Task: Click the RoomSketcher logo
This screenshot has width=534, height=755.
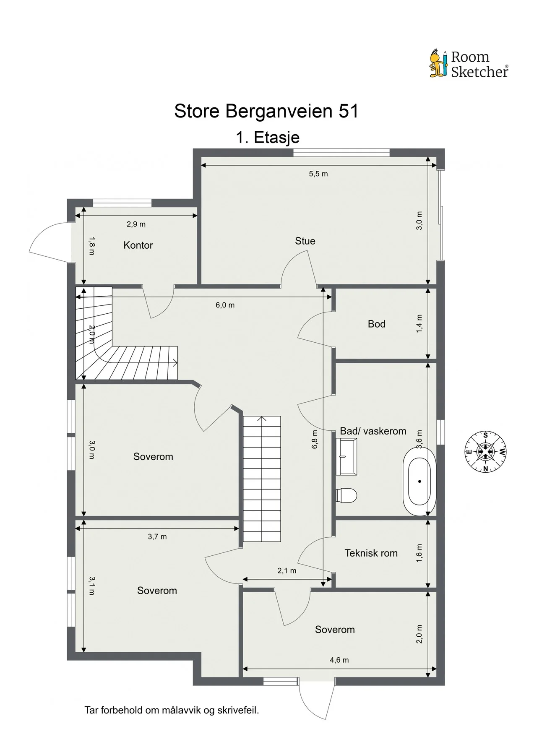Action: tap(469, 64)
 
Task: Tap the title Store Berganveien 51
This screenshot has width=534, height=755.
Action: tap(266, 111)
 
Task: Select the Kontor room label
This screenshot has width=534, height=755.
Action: tap(138, 245)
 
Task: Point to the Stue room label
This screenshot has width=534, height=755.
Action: tap(305, 241)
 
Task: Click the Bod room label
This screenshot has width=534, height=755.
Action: tap(376, 324)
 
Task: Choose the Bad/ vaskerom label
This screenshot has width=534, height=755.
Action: tap(373, 431)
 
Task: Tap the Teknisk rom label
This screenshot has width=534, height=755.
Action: tap(371, 553)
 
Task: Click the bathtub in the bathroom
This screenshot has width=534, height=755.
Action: tap(419, 482)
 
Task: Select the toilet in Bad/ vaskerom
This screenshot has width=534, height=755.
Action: tap(346, 495)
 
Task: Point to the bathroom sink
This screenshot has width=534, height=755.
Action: tap(346, 457)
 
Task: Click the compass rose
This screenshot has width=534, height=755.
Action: tap(485, 452)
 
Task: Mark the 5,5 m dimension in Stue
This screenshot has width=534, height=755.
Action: tap(318, 174)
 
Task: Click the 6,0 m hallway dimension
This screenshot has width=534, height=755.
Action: tap(225, 305)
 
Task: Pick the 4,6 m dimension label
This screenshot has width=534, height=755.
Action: tap(339, 660)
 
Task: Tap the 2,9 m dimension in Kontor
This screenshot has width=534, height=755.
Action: tap(136, 224)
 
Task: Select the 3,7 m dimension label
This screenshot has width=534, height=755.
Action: tap(157, 536)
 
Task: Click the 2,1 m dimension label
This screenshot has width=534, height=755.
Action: tap(287, 571)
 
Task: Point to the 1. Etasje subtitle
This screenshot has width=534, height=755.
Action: tap(268, 137)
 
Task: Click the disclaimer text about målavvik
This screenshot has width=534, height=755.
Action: tap(172, 711)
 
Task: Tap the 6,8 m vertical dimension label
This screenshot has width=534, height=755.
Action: tap(315, 440)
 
